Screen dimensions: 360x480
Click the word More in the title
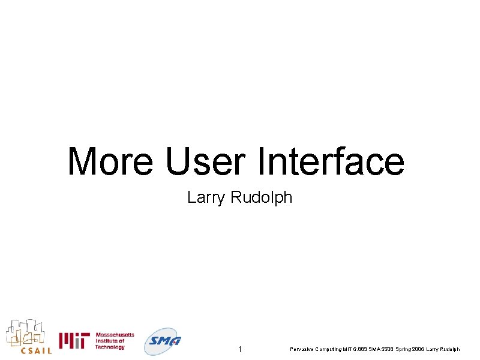(x=110, y=161)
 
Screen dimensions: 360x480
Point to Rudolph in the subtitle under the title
(x=262, y=197)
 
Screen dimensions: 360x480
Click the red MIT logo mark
(x=74, y=341)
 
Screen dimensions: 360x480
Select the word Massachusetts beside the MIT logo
(x=115, y=335)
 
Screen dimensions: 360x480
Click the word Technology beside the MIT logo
(x=110, y=347)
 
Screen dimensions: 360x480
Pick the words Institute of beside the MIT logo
(x=110, y=341)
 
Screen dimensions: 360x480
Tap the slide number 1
(x=239, y=349)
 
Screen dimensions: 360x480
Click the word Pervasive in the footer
(x=301, y=349)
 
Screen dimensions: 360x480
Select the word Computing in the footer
(x=328, y=349)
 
